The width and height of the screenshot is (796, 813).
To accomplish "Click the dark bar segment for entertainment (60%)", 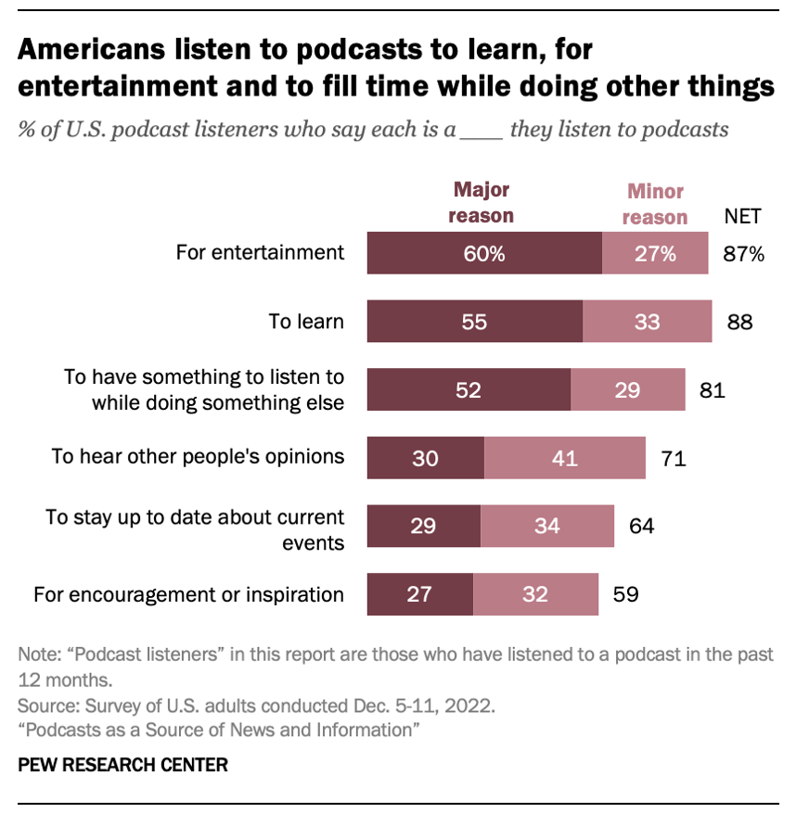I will [484, 254].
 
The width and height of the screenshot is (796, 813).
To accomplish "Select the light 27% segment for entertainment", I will [655, 254].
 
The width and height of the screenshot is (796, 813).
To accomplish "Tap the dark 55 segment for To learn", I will [474, 322].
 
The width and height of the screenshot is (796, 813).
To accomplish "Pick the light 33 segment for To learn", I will [648, 322].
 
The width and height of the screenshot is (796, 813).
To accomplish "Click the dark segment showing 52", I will [469, 389].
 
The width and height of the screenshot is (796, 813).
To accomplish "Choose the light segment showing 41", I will [564, 457].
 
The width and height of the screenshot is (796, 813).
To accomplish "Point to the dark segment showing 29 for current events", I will [424, 526].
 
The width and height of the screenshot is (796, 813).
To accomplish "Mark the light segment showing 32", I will [535, 593].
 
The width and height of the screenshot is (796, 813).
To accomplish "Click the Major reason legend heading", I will [482, 202].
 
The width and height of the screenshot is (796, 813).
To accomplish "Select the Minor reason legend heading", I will [655, 204].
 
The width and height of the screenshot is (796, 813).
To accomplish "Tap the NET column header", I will [742, 217].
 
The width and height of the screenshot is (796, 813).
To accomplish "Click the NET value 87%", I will [743, 254].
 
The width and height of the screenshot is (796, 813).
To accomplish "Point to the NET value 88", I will [739, 322].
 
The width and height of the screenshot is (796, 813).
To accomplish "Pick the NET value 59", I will [624, 593].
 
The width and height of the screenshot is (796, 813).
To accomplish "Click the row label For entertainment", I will [261, 252].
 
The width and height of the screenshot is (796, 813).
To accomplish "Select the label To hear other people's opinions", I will [199, 456].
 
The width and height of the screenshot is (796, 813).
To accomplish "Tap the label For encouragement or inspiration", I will [189, 593].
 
